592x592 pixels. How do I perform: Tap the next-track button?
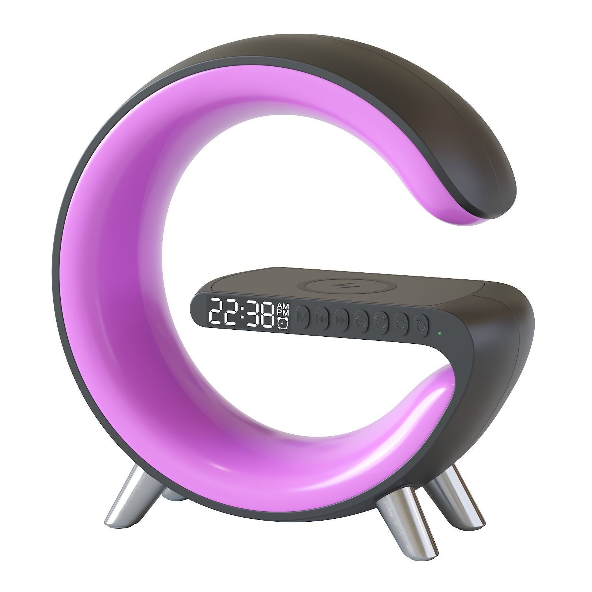[341, 319]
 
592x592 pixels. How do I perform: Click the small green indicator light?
[438, 334]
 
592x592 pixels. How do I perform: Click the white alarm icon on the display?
[283, 324]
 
